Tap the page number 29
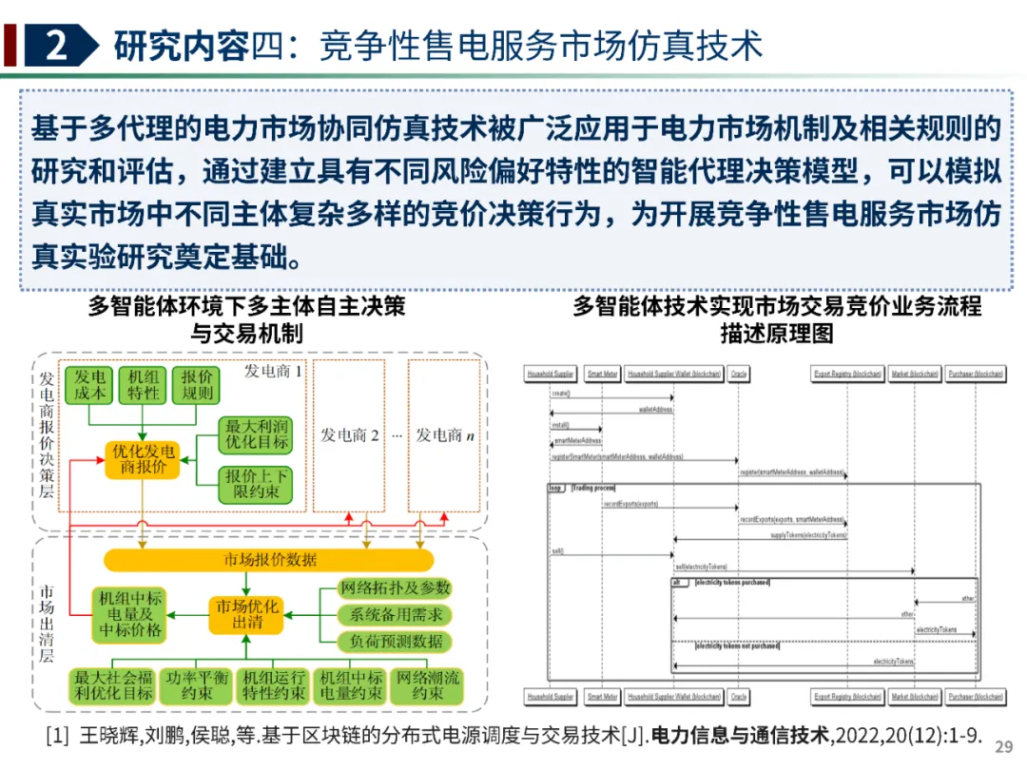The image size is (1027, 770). [1003, 746]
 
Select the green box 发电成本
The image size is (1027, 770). [92, 383]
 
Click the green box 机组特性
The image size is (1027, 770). [145, 383]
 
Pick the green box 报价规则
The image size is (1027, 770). [197, 383]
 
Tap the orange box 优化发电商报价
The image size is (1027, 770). [143, 458]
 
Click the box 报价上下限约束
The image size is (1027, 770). [257, 484]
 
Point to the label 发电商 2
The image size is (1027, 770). [349, 435]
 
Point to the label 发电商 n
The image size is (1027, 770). [444, 435]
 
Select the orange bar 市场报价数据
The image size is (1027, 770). [270, 560]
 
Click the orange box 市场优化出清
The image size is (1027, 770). [247, 614]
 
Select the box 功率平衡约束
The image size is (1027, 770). [195, 685]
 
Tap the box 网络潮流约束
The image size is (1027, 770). [428, 685]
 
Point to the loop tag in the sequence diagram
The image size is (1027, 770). [556, 488]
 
